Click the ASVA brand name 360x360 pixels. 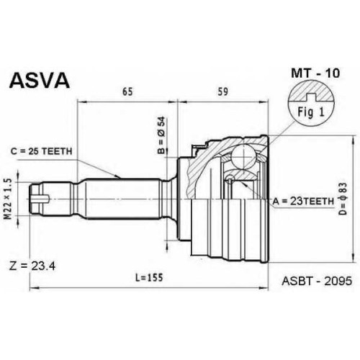[x=39, y=81]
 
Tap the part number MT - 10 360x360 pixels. [x=315, y=73]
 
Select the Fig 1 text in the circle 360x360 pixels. [x=311, y=112]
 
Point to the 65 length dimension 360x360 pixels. [x=127, y=91]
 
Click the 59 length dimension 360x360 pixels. [x=223, y=91]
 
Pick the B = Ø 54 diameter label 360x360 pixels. [x=161, y=135]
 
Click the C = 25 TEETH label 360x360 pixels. [x=41, y=151]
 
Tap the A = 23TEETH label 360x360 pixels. [x=303, y=201]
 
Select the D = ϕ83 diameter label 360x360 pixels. [x=343, y=199]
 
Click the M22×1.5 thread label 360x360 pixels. [x=9, y=199]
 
